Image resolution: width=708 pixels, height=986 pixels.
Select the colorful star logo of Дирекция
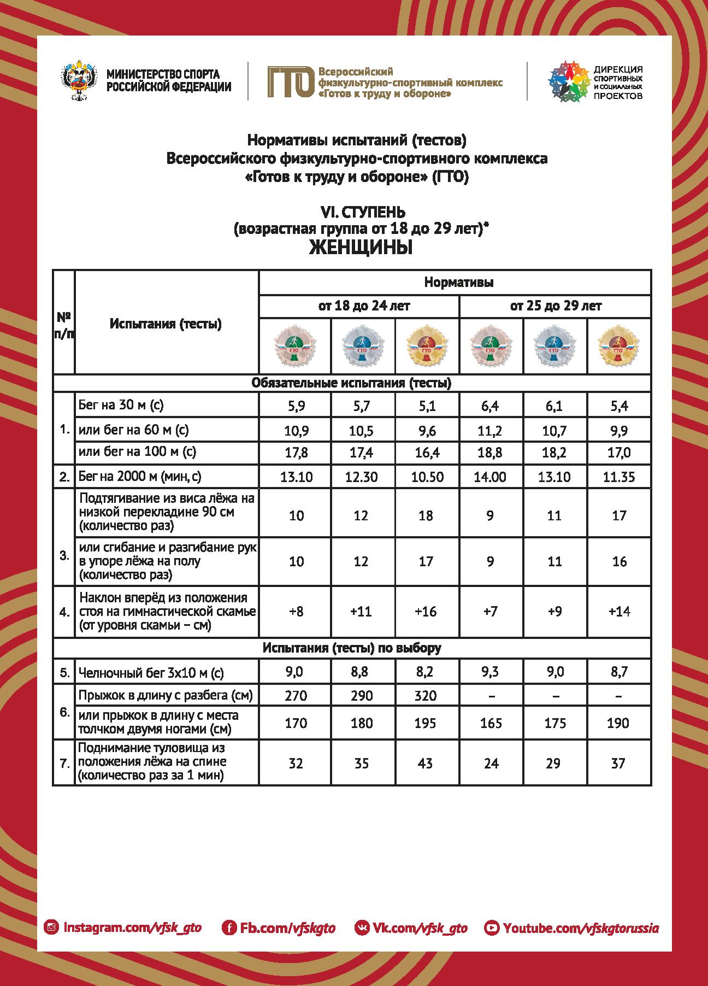(568, 81)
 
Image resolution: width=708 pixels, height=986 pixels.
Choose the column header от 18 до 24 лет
(359, 306)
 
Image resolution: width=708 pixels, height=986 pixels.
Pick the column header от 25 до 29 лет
(555, 306)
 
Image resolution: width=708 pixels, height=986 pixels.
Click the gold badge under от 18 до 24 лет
(426, 347)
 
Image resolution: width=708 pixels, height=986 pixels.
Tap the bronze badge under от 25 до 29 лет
(490, 347)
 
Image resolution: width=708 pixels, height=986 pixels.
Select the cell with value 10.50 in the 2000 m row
(426, 477)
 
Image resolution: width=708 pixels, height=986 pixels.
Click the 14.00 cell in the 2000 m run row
(490, 477)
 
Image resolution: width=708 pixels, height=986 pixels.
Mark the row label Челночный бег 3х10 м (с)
(151, 673)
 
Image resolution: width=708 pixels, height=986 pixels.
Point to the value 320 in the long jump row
(426, 696)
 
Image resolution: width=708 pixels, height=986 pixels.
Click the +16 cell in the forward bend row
(426, 611)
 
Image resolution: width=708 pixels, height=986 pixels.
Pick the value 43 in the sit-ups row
(426, 763)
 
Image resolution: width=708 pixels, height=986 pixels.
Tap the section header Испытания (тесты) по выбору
(352, 648)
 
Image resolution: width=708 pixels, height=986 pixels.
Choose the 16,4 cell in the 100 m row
(426, 453)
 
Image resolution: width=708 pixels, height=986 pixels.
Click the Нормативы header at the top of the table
(459, 283)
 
